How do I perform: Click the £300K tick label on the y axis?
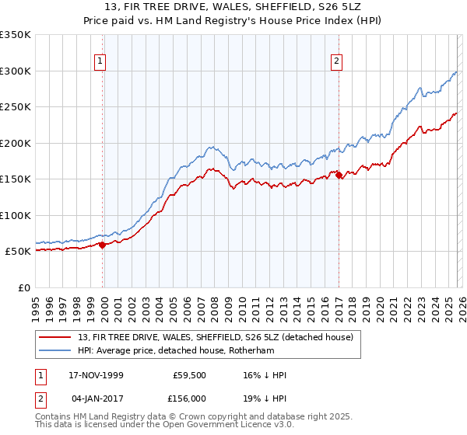(16, 71)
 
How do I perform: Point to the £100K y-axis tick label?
(16, 215)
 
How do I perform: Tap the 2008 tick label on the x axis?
(213, 303)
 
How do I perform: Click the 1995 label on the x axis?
(35, 303)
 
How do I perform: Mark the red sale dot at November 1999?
(102, 245)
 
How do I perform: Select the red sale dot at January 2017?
(339, 176)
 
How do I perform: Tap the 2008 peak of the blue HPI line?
(210, 146)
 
